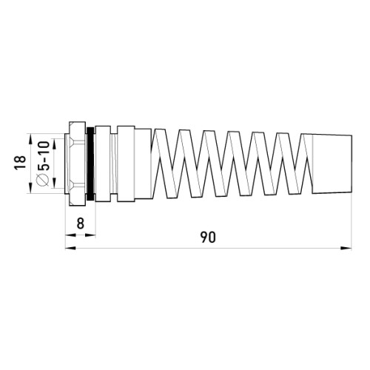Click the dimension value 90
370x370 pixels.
point(208,237)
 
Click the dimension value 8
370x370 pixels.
point(81,223)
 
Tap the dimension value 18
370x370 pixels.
point(20,162)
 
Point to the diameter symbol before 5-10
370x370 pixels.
point(43,179)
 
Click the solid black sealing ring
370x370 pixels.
point(90,164)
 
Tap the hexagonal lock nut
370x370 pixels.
point(78,164)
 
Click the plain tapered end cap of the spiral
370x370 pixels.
point(332,164)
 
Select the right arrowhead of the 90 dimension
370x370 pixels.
point(346,248)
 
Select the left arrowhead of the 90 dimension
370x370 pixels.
point(70,248)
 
